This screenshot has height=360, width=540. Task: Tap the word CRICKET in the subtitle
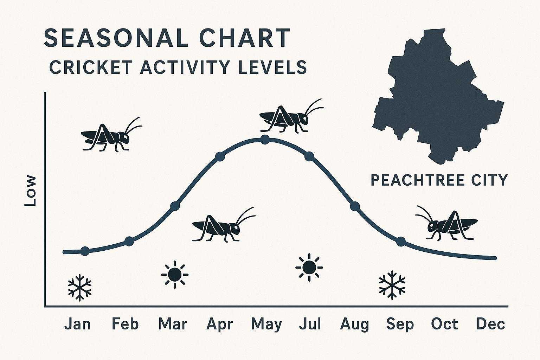tap(91, 67)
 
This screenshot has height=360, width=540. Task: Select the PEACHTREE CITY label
tap(439, 180)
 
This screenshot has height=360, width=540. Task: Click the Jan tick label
tap(77, 324)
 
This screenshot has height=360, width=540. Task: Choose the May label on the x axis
tap(266, 324)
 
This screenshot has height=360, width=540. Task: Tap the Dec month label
tap(490, 324)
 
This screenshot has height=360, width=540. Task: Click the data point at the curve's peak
tap(265, 140)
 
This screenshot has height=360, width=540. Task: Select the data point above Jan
tap(85, 251)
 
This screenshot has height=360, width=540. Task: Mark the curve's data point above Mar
tap(175, 206)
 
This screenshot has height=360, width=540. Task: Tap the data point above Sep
tap(401, 242)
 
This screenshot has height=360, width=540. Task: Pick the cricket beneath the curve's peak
tap(221, 227)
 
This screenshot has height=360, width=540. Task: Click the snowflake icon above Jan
tap(80, 287)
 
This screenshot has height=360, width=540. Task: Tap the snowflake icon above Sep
tap(392, 285)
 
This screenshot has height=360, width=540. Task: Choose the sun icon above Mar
tap(175, 274)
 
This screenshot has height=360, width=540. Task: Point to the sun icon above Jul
tap(309, 267)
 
